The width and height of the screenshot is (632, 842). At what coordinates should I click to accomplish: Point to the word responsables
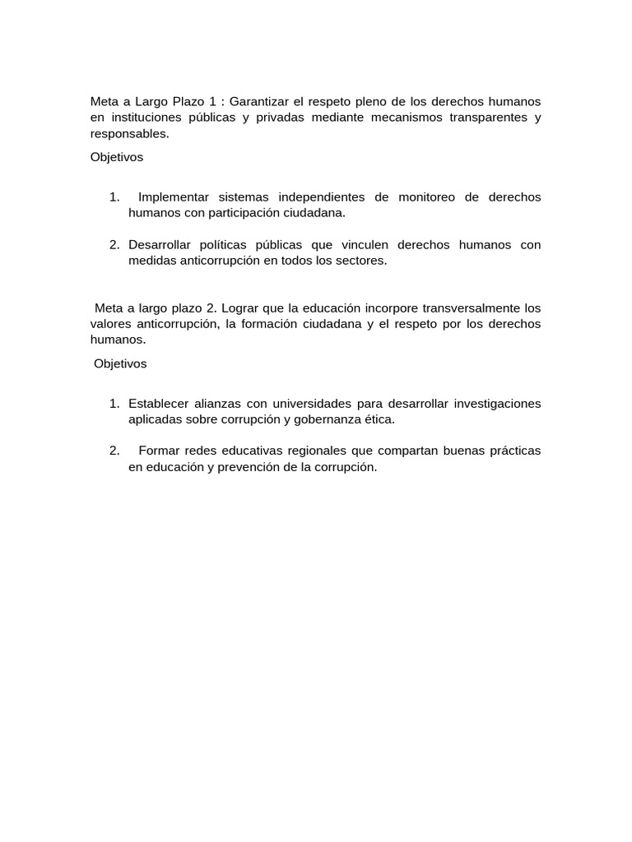(x=128, y=133)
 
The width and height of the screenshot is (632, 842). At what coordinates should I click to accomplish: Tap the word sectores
(x=358, y=261)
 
